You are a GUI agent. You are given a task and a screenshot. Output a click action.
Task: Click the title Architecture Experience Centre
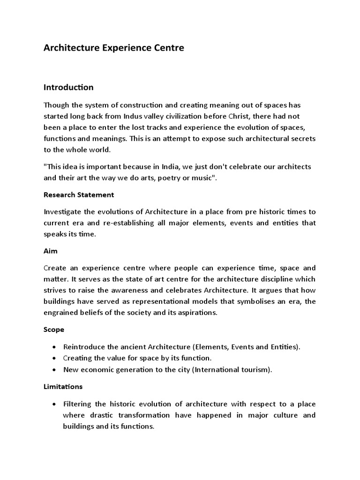[114, 48]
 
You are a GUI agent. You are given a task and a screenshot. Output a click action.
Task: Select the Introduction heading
[68, 87]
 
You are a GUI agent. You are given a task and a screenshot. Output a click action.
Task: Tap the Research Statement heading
[78, 195]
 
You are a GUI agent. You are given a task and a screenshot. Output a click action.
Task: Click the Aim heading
[50, 251]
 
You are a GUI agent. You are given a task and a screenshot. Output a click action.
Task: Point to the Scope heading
[53, 330]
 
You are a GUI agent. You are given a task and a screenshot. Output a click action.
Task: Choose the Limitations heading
[63, 387]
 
